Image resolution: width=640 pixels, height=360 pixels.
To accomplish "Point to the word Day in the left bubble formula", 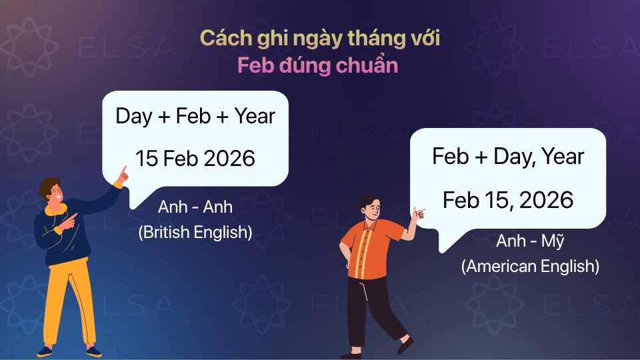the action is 134,117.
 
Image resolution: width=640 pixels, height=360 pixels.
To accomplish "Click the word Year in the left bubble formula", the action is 255,116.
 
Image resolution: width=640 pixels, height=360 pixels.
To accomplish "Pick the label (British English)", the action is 195,232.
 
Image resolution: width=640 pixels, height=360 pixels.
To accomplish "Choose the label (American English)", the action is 530,266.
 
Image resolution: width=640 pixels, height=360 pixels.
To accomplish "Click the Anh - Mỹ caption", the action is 530,241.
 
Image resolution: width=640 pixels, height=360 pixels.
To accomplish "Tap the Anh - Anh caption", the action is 195,207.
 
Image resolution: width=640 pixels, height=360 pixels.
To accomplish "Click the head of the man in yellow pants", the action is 52,190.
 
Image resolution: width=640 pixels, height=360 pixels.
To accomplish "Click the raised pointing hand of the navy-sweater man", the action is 123,175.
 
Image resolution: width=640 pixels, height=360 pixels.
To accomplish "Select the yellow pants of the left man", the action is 69,302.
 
